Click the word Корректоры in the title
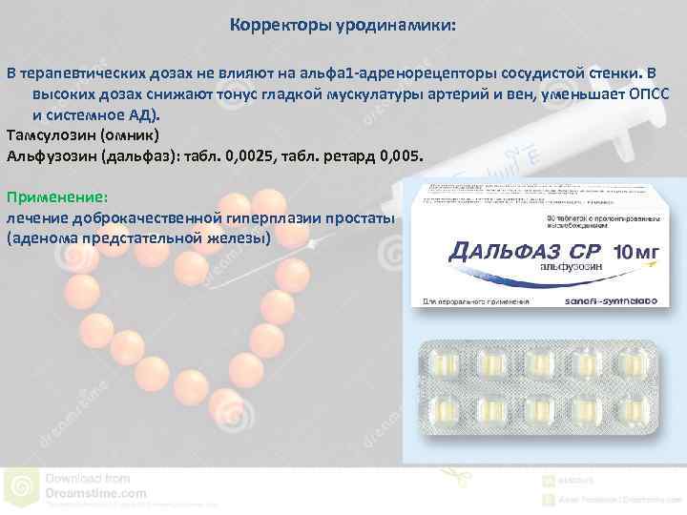[x=278, y=26]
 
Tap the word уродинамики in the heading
[x=395, y=26]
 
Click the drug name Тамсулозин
[x=52, y=134]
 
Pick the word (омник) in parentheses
[x=136, y=134]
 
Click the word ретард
[x=344, y=154]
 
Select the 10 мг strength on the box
[x=634, y=254]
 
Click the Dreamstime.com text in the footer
[x=95, y=493]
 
